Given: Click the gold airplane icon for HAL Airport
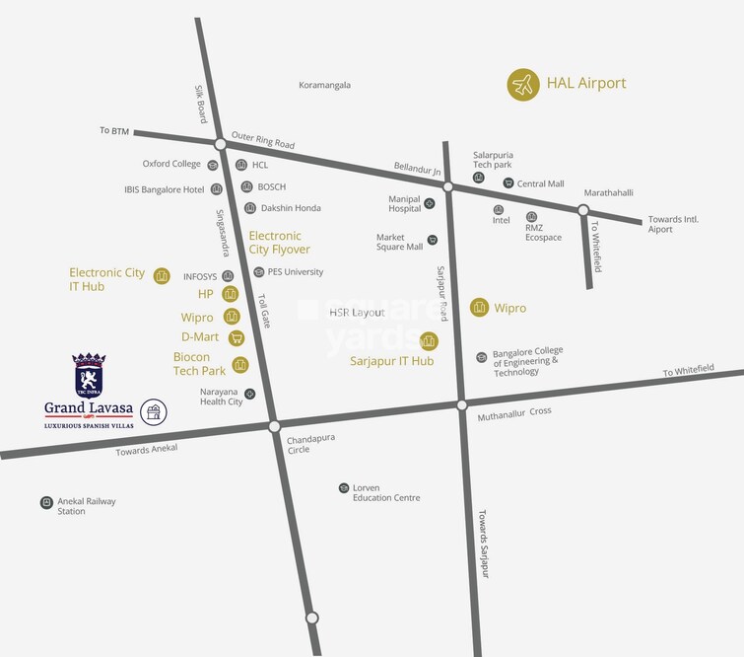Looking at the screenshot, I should (x=523, y=85).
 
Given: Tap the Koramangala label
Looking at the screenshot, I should (x=324, y=86).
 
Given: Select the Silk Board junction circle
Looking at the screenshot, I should (x=221, y=144).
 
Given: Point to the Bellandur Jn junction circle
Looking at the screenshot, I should (x=447, y=186).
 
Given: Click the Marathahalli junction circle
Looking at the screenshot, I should (x=583, y=209).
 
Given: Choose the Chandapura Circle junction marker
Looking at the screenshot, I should (x=275, y=426).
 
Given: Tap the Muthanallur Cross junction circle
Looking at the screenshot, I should (x=461, y=404).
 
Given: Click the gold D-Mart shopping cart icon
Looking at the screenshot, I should (x=236, y=337).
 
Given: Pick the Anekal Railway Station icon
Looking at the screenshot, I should (x=46, y=502).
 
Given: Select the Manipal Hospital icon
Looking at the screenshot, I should (x=430, y=203).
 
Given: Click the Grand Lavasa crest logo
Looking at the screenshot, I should (x=89, y=375).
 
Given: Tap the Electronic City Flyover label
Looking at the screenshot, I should (x=275, y=243).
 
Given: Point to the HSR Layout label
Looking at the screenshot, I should (x=357, y=313).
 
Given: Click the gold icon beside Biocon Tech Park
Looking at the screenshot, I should (x=239, y=366).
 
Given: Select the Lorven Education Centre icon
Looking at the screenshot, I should (x=343, y=488).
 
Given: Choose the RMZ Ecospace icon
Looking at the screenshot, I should (x=531, y=217).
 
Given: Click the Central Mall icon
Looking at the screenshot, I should (x=508, y=183).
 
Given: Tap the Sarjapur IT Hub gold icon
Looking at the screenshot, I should (x=429, y=341).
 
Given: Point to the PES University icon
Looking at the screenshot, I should (x=258, y=272).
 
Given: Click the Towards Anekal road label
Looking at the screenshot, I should (x=145, y=451).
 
